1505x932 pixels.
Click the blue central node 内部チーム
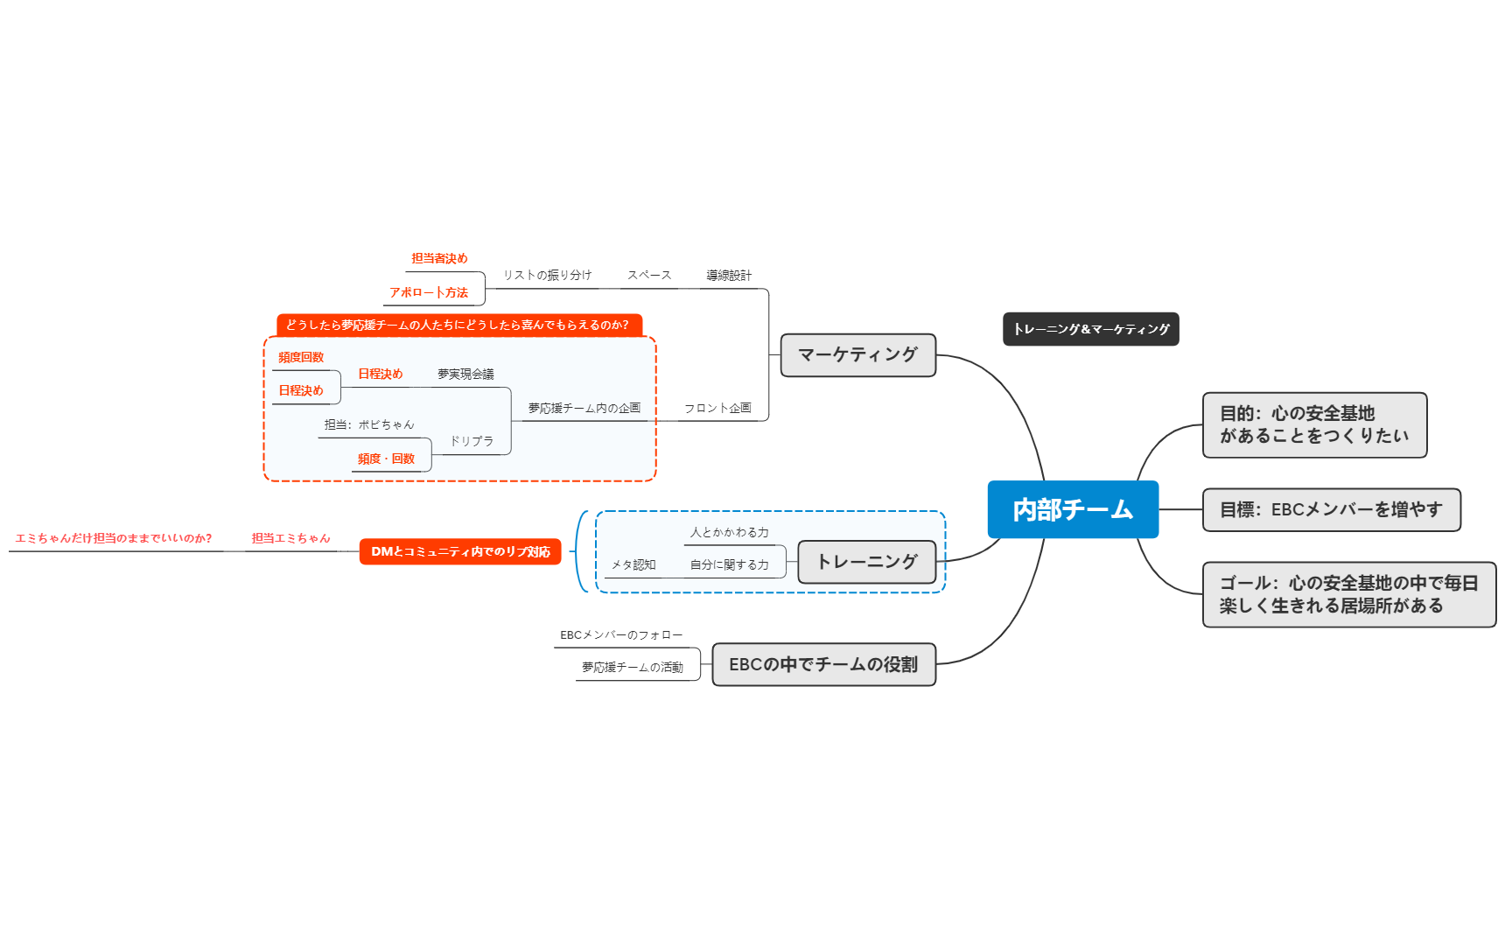1073,509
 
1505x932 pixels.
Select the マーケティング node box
857,354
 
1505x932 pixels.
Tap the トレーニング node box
866,562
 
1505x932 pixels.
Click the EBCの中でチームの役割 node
823,664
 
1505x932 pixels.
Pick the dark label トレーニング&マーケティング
1090,329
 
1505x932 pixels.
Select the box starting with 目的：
1314,424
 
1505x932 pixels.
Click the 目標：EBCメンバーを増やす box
1331,509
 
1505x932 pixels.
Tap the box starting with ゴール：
1348,594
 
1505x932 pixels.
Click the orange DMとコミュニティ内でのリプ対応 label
460,551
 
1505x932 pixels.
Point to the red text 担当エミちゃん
290,538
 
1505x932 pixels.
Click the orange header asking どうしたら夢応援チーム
458,325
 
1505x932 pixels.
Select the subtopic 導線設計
729,276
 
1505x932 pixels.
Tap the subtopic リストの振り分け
547,276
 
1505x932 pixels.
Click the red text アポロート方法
429,292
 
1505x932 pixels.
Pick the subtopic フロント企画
717,408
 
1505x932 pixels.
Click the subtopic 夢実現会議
465,374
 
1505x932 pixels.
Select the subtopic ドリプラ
472,441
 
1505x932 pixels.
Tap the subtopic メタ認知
633,565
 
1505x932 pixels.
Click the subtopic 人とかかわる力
729,532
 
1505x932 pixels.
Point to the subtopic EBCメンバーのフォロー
621,635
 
